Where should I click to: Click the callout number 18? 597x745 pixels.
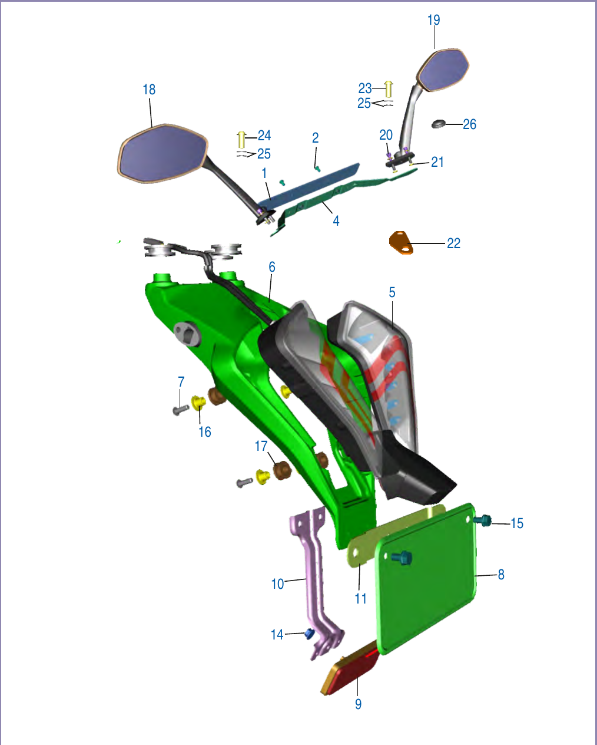point(149,90)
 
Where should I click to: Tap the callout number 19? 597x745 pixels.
point(434,20)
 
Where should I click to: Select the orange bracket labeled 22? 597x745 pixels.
point(401,243)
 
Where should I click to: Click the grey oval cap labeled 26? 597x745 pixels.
point(439,124)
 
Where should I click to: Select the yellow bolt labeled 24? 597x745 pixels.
point(241,140)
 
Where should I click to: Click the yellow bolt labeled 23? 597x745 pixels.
point(389,89)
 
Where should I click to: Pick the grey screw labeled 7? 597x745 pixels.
point(180,410)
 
